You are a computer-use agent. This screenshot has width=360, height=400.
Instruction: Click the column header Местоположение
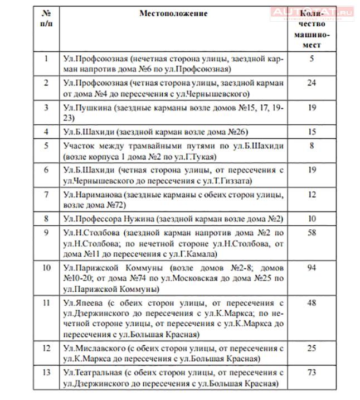pos(173,13)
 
